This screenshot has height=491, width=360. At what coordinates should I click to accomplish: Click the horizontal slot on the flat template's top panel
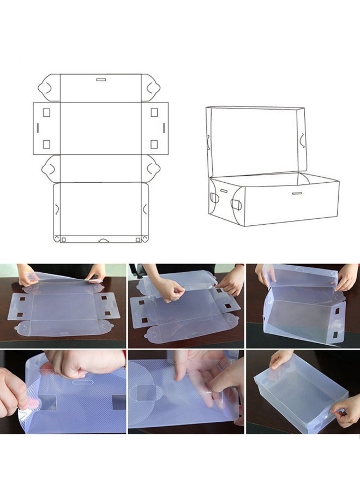(101, 80)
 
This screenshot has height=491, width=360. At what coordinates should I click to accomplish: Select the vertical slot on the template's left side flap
(37, 127)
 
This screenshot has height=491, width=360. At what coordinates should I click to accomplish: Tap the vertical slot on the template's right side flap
(163, 127)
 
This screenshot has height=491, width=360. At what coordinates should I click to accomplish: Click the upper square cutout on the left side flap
(46, 112)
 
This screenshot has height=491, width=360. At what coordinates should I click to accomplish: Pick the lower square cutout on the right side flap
(154, 144)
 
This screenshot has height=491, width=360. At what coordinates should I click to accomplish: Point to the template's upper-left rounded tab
(49, 88)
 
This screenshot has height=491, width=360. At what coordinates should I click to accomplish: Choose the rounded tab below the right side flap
(152, 168)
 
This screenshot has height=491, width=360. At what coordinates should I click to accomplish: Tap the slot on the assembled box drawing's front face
(297, 193)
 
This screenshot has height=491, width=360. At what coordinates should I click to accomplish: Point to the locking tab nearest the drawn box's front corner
(236, 205)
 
